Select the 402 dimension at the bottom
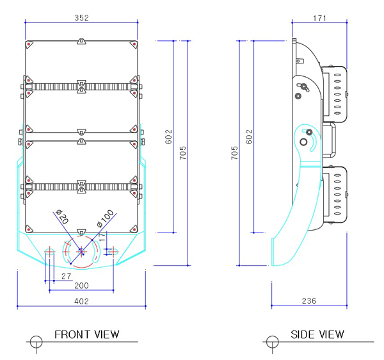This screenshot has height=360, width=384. [81, 300]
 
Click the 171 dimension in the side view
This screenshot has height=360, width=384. [321, 19]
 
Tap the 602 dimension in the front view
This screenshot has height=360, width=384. [168, 137]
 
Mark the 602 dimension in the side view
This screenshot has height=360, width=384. [249, 137]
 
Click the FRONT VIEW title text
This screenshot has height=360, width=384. [87, 334]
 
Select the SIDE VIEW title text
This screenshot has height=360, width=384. [317, 334]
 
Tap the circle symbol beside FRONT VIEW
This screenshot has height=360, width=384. [36, 340]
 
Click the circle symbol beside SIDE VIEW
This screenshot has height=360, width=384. [272, 340]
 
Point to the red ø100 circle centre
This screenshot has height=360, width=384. [81, 249]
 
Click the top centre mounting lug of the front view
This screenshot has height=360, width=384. [81, 42]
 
